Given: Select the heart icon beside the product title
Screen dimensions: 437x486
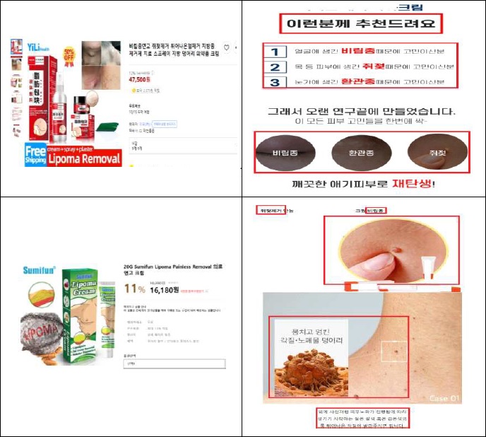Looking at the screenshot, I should click(226, 47).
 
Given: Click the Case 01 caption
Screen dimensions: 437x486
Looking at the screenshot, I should click(444, 399).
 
